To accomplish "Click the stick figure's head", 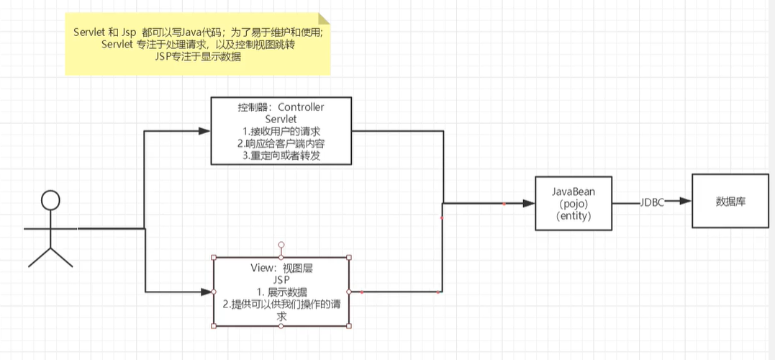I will pos(50,200).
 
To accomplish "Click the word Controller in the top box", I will pos(301,107).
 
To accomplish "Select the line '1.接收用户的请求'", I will pos(281,131).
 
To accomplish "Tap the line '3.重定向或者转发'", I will pos(281,155).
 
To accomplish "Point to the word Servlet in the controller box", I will pos(281,119).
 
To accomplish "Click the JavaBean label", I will pos(574,192).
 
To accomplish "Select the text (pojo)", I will pos(574,204).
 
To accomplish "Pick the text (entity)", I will pos(574,215).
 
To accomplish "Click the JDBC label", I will pos(652,203).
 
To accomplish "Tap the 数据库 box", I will pos(730,202).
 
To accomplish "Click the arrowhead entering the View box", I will pos(207,292).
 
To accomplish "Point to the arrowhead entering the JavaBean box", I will pos(530,204).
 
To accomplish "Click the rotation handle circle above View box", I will pos(281,245).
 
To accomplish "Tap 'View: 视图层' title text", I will pos(281,267).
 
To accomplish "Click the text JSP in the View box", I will pos(281,279).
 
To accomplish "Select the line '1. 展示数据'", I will pos(281,292).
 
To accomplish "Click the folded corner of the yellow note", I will pos(325,19).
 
